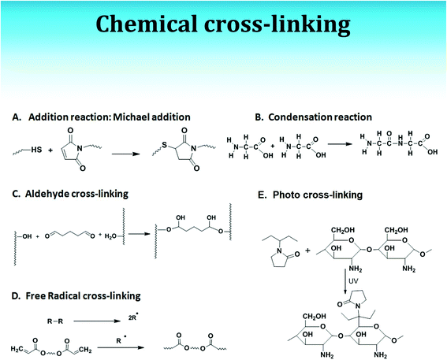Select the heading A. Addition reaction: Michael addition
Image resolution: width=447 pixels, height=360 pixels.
(101, 117)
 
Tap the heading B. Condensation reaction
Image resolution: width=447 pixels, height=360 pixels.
(313, 117)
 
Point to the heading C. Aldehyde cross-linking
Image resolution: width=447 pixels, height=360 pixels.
(70, 194)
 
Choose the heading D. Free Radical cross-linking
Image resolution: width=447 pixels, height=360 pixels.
(76, 296)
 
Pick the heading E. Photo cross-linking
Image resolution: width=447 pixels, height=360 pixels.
(310, 195)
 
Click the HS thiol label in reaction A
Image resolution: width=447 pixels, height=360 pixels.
(36, 150)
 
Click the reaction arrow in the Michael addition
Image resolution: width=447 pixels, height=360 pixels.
(125, 154)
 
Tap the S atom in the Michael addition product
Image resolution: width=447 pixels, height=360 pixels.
(164, 145)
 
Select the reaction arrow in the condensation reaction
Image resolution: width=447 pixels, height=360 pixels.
(340, 144)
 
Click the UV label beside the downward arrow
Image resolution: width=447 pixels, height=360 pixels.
(353, 281)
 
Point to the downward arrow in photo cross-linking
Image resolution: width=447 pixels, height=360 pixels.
(345, 281)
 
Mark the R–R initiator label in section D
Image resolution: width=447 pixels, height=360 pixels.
(55, 321)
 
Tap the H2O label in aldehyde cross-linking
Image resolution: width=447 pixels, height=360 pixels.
(110, 236)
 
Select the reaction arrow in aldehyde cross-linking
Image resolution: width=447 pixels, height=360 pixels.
(139, 234)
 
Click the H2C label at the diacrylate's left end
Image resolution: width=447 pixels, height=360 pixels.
(17, 349)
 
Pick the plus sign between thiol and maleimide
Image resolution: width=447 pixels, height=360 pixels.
(50, 150)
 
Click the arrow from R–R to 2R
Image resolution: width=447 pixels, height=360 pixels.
(97, 321)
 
